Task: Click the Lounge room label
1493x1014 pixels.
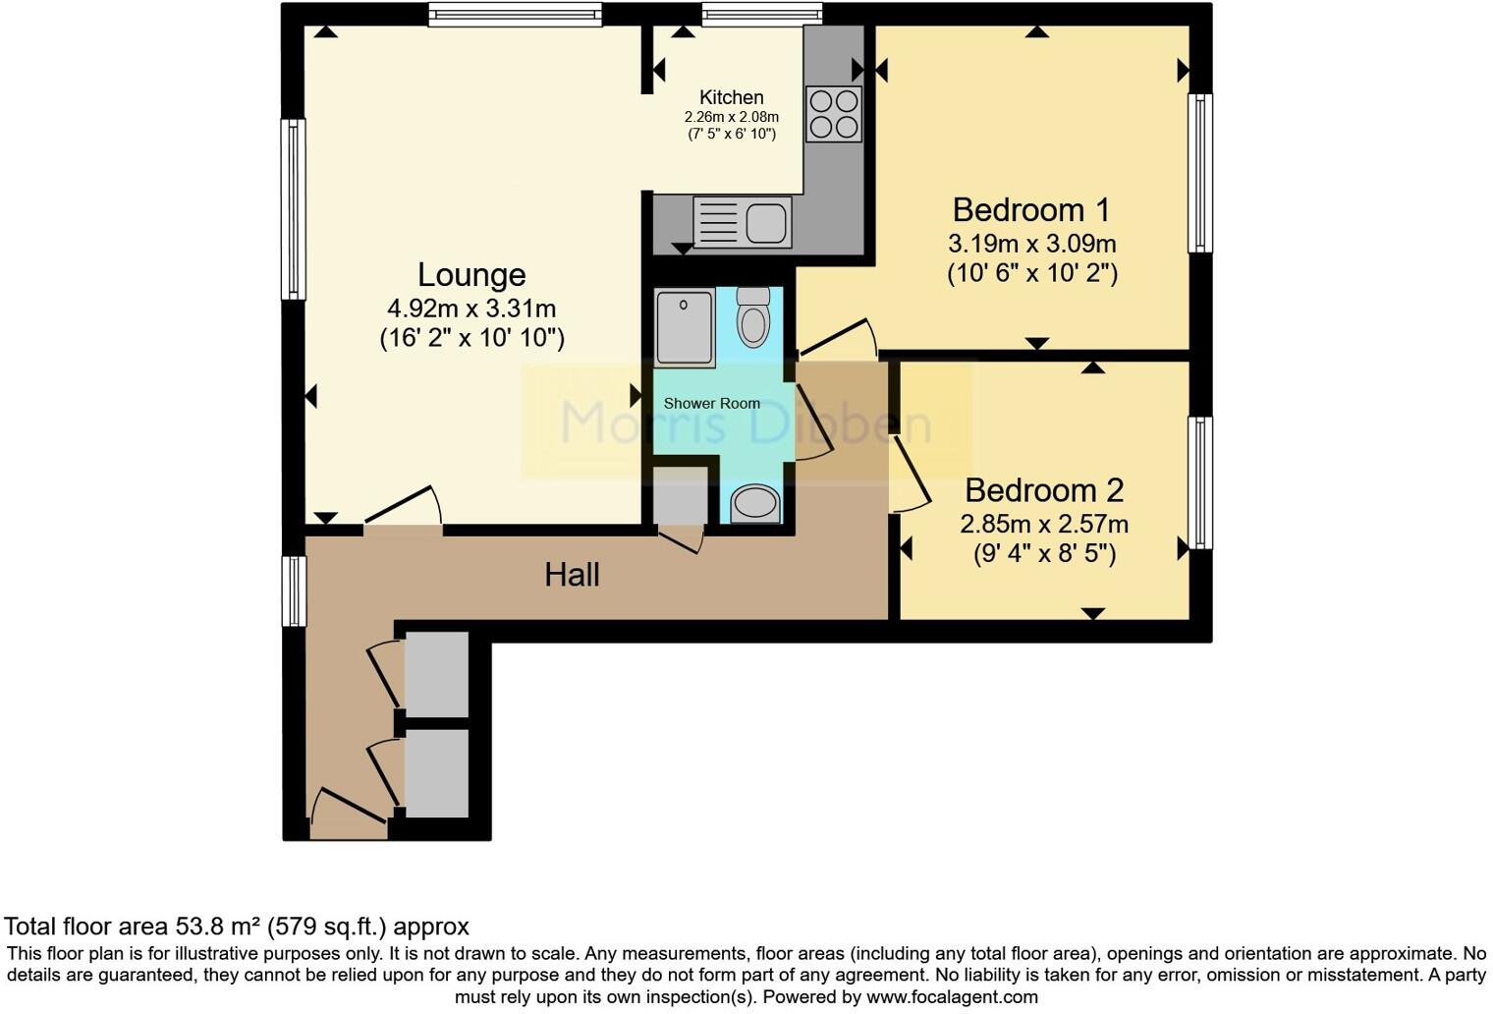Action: (x=471, y=274)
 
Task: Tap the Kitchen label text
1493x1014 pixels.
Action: (x=731, y=97)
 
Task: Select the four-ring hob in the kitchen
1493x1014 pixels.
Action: (x=834, y=114)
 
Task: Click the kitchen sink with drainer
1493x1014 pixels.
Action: (x=742, y=222)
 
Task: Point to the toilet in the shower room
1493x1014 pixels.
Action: (x=753, y=316)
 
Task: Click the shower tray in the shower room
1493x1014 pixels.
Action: (x=685, y=328)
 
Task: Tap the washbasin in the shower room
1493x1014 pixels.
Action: (x=754, y=504)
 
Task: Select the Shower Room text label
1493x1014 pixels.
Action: (x=711, y=403)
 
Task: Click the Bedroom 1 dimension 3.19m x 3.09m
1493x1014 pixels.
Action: (x=1031, y=243)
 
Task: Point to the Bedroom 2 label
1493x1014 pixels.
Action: (x=1043, y=489)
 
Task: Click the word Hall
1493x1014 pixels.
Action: (x=572, y=575)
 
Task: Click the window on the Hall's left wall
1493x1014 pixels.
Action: (x=294, y=591)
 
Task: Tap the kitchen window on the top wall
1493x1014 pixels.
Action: (x=761, y=13)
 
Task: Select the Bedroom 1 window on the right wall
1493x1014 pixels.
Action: (x=1199, y=173)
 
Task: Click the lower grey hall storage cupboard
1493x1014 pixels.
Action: (x=436, y=773)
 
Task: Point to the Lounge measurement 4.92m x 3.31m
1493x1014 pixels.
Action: (x=471, y=309)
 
